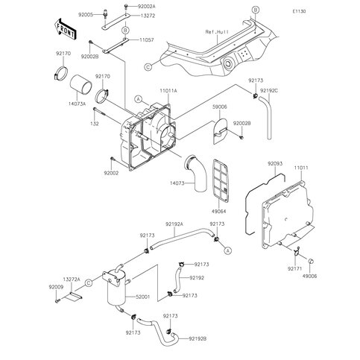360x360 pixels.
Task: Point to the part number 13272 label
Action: pyautogui.click(x=128, y=14)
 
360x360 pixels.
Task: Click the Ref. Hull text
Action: pyautogui.click(x=220, y=34)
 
